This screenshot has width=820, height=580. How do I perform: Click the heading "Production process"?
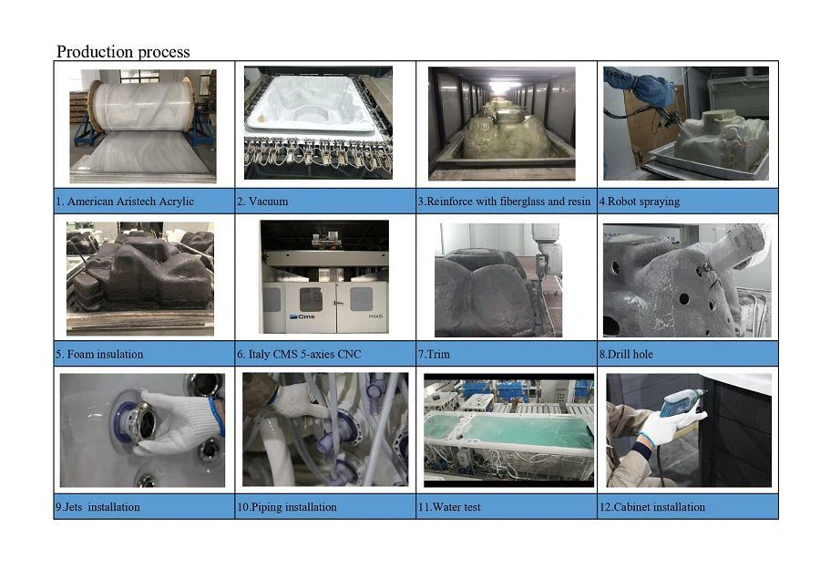(x=123, y=52)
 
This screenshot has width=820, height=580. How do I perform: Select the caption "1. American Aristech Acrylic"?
(x=125, y=201)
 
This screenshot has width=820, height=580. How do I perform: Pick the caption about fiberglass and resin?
(x=504, y=201)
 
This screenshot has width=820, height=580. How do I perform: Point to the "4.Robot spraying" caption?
(x=639, y=201)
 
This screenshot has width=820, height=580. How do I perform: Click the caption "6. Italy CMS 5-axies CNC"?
(x=299, y=354)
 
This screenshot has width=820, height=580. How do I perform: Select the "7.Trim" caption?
(x=436, y=354)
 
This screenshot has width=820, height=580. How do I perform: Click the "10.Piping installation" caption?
(x=287, y=507)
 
